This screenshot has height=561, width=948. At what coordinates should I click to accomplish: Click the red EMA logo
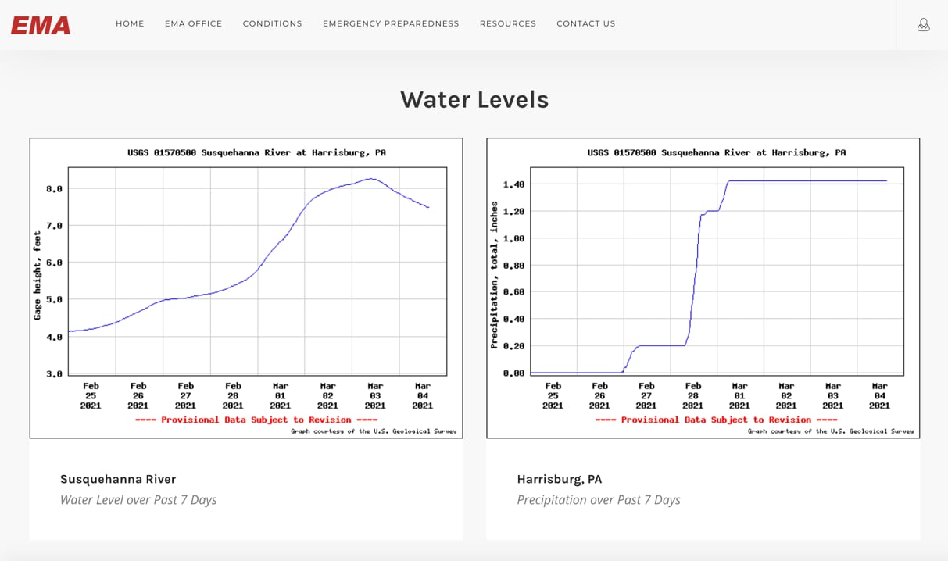[x=41, y=25]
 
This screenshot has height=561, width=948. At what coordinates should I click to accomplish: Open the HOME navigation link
[x=130, y=24]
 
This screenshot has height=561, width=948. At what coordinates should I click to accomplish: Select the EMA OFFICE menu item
[x=193, y=24]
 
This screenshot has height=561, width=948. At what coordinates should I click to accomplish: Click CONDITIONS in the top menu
[x=272, y=24]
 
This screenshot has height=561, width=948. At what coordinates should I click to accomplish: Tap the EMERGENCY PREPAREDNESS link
[x=391, y=24]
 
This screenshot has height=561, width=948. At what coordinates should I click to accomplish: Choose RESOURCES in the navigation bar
[x=508, y=24]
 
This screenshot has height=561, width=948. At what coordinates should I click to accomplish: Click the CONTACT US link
[x=585, y=24]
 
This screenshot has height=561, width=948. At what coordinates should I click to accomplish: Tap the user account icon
[x=923, y=25]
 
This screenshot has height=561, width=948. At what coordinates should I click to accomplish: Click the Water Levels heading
[x=474, y=100]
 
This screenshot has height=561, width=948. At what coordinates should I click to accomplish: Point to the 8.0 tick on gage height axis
[x=54, y=189]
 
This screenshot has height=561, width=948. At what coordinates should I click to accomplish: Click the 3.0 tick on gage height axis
[x=54, y=374]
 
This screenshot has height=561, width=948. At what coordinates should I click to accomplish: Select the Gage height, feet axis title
[x=38, y=275]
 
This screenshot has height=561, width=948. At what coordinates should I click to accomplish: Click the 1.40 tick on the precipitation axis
[x=513, y=184]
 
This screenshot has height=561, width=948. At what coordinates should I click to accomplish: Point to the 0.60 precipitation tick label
[x=513, y=292]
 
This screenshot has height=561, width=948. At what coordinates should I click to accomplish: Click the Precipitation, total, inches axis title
[x=494, y=275]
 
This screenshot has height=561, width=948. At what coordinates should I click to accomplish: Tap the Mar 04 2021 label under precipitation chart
[x=879, y=395]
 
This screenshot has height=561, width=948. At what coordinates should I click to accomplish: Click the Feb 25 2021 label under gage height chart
[x=91, y=395]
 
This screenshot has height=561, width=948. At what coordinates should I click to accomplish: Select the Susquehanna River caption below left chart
[x=118, y=479]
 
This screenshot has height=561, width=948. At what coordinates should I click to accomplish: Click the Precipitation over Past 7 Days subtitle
[x=599, y=500]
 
